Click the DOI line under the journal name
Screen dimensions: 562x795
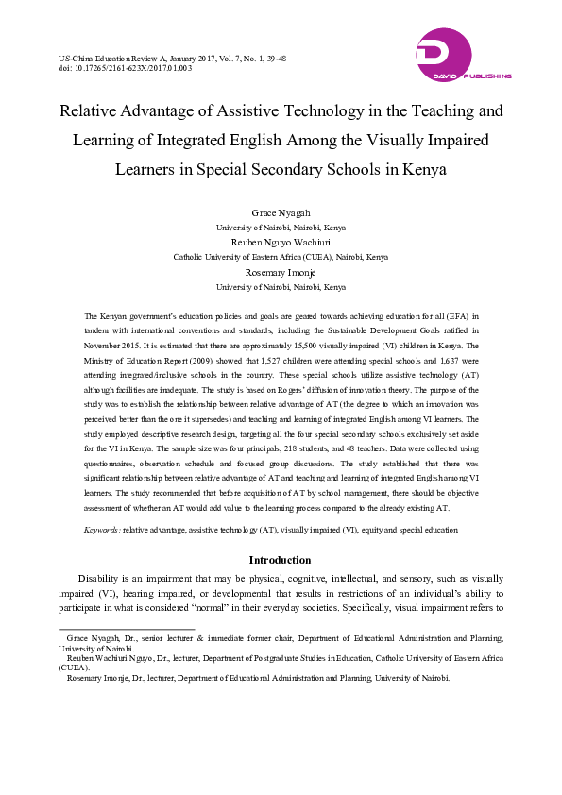click(x=126, y=68)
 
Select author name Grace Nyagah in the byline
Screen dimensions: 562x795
click(x=281, y=214)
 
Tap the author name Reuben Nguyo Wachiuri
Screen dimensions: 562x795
click(x=281, y=243)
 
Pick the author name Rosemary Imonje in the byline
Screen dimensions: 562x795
click(x=281, y=272)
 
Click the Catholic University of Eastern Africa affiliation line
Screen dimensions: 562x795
click(x=281, y=257)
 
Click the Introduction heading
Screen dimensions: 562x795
click(x=280, y=560)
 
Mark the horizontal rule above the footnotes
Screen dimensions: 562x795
click(x=127, y=629)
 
